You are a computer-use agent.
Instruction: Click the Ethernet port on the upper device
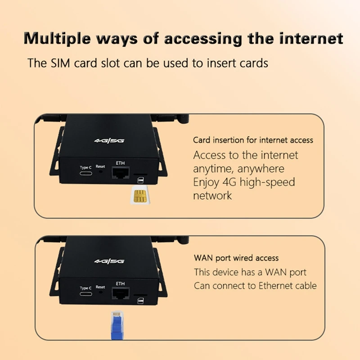point(121,173)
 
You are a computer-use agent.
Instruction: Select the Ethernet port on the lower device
point(120,294)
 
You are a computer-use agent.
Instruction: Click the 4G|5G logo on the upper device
point(109,141)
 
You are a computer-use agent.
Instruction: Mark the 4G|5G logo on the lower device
point(109,261)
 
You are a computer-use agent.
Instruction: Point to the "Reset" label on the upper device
point(100,166)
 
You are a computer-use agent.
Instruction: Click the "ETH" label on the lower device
point(120,284)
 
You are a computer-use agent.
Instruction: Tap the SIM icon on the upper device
point(140,180)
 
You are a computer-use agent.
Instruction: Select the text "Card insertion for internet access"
point(253,140)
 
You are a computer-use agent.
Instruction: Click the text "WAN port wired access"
point(236,258)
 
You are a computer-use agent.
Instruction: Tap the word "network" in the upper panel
point(212,196)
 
